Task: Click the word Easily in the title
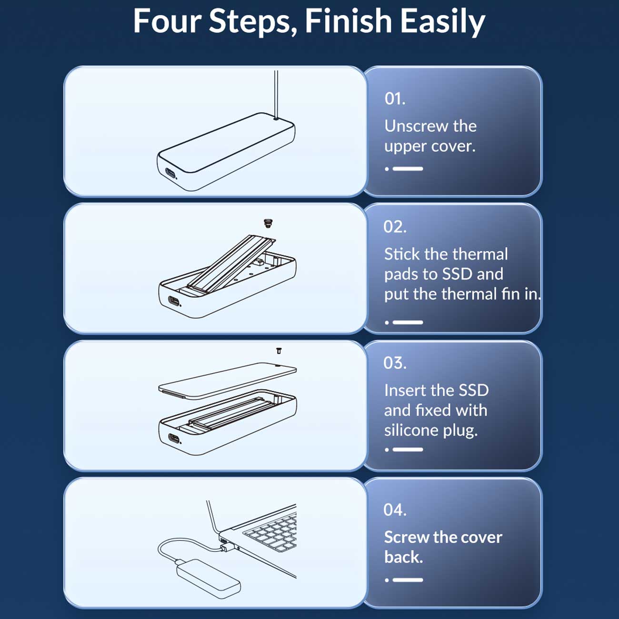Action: click(443, 22)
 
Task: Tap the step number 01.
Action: click(395, 99)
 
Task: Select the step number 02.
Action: click(395, 227)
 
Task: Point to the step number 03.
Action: click(395, 363)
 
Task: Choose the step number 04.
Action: click(395, 509)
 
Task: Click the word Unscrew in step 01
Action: click(417, 126)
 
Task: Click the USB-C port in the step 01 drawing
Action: click(170, 174)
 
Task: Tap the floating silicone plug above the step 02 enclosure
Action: click(267, 223)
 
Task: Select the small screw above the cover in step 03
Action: click(279, 351)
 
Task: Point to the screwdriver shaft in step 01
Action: click(276, 95)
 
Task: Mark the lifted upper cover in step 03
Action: click(228, 380)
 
